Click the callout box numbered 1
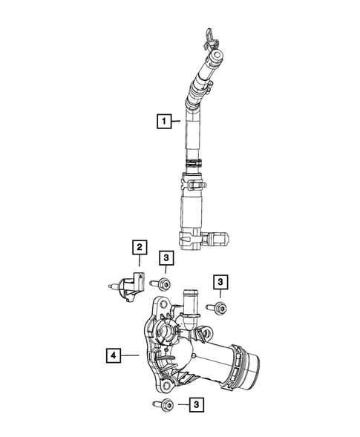(x=161, y=119)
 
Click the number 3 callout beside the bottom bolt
(x=195, y=404)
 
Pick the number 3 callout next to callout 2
(x=166, y=257)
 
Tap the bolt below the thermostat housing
(x=166, y=404)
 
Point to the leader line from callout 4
(x=131, y=357)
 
